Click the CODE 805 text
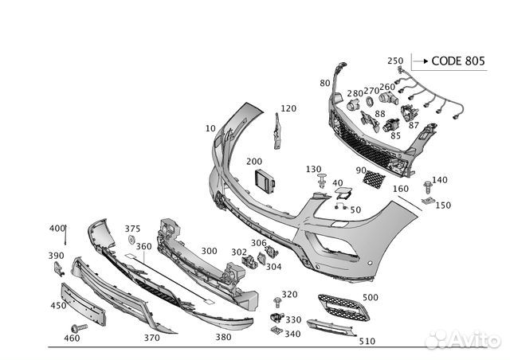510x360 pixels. point(458,61)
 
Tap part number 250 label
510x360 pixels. point(395,61)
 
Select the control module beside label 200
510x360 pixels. point(265,182)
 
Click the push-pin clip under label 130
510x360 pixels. point(322,181)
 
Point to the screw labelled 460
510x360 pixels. point(79,328)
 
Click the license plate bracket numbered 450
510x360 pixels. point(83,303)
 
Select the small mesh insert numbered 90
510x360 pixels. point(374,179)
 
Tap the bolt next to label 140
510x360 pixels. point(428,188)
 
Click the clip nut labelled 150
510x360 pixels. point(428,202)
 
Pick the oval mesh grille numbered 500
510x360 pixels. point(343,307)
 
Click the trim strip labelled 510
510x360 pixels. point(331,327)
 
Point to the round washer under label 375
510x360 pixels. point(131,241)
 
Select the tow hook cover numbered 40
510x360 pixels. point(343,194)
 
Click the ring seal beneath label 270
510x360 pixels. point(370,101)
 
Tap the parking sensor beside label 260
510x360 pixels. point(388,98)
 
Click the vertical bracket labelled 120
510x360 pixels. point(277,131)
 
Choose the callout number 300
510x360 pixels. point(209,251)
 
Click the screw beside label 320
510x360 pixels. point(277,302)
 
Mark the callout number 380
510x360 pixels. point(223,337)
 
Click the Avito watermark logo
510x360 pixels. point(463,340)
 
